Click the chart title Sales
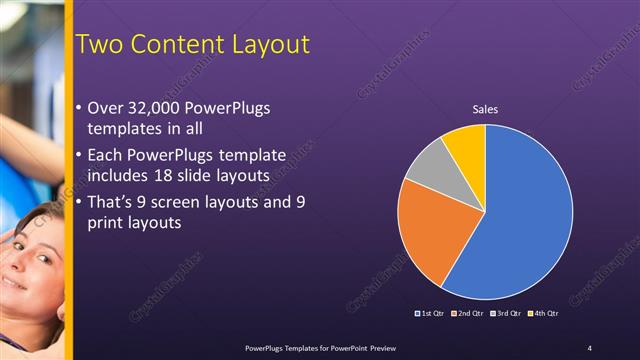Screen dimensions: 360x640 (485, 109)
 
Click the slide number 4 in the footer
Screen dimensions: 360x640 (589, 347)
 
